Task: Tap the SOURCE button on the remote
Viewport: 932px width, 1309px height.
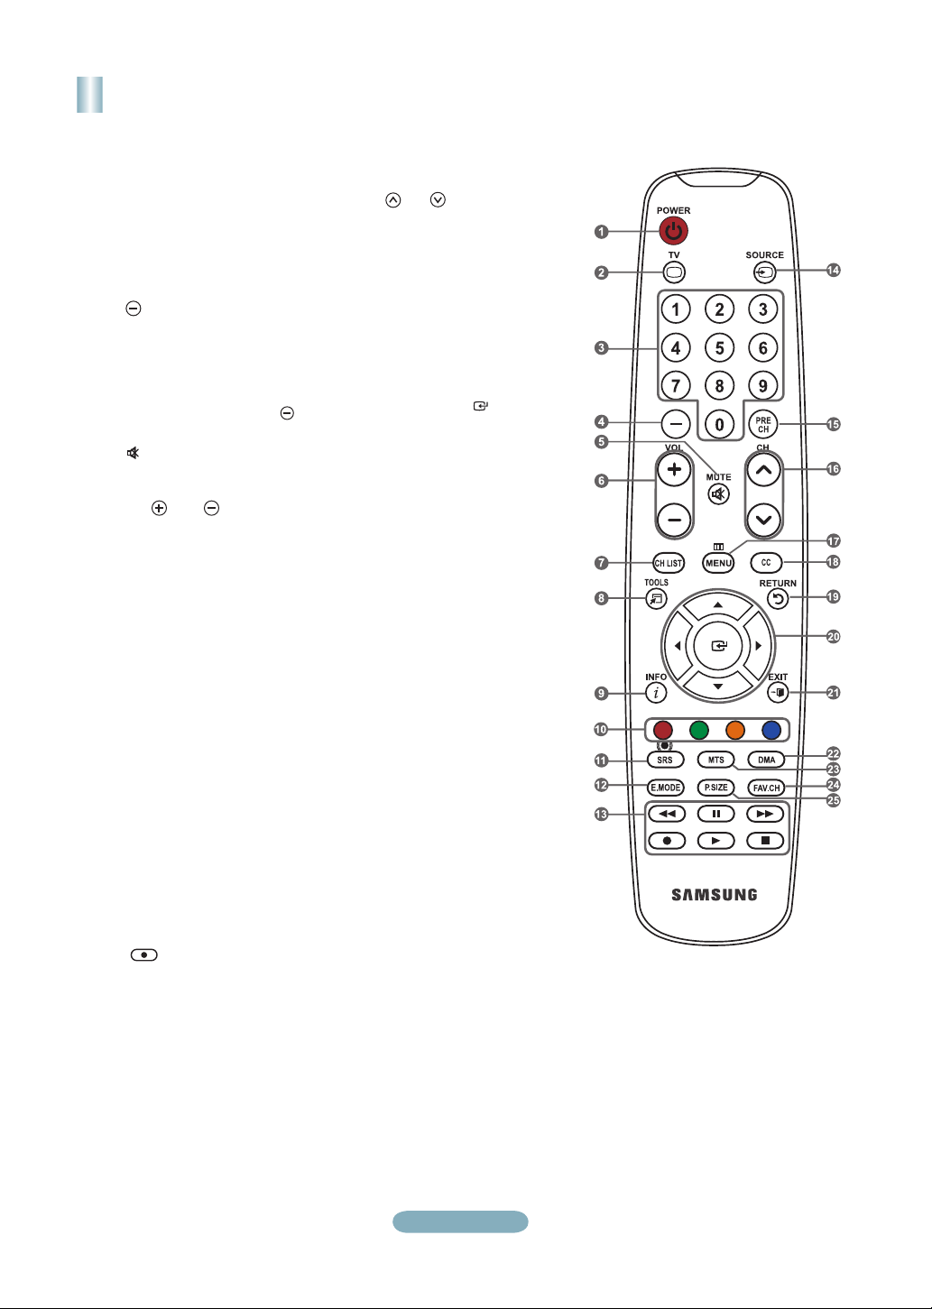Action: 764,272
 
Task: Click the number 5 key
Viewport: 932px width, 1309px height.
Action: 719,347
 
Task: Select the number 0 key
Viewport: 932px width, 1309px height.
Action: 719,424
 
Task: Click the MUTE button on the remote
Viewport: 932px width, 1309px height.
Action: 718,494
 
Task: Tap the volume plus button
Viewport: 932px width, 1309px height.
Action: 673,469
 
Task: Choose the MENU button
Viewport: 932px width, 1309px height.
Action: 718,563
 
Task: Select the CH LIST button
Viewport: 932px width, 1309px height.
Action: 669,563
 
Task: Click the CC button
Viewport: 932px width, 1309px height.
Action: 766,563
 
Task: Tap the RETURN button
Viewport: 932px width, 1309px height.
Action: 778,598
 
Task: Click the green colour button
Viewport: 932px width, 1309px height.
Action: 699,730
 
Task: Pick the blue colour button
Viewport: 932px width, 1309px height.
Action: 771,730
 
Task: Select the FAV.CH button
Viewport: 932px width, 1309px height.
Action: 766,788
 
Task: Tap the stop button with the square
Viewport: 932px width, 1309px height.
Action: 765,840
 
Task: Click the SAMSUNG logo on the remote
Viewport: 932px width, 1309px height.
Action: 715,895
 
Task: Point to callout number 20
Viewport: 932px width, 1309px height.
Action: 834,637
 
